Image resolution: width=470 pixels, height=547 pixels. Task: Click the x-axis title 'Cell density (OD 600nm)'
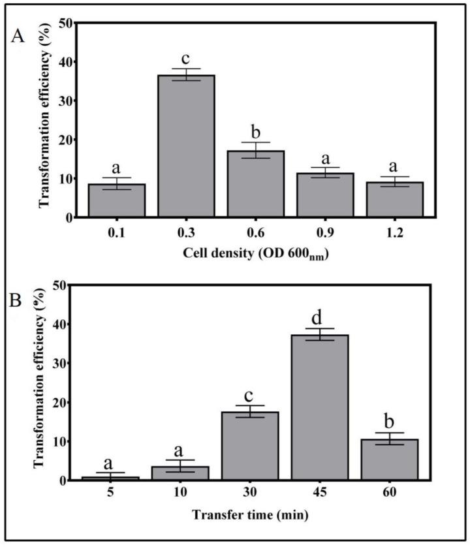(x=256, y=255)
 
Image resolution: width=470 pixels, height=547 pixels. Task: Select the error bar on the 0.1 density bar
(x=117, y=183)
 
